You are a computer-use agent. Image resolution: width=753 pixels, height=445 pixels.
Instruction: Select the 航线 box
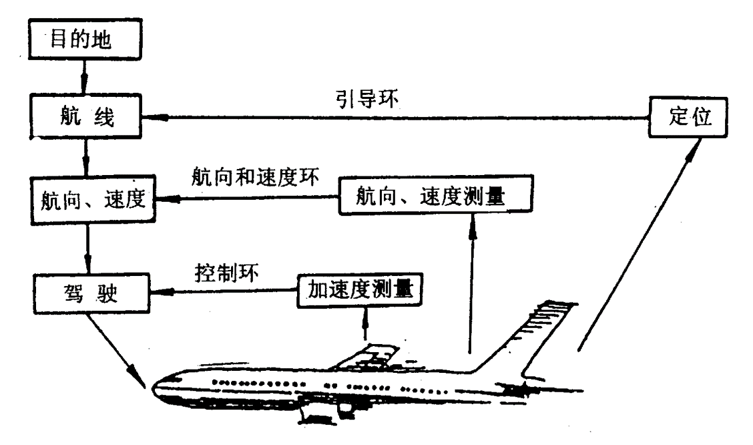(85, 120)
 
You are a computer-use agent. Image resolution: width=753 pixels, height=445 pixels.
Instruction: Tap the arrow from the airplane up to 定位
(634, 247)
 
